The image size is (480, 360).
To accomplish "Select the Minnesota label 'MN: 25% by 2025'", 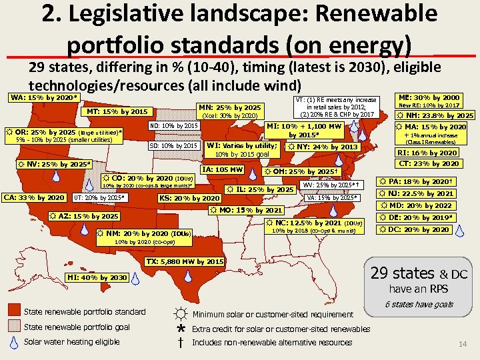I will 230,107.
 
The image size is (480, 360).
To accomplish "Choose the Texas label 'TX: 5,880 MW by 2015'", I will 185,261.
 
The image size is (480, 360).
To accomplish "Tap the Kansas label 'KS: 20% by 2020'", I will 189,198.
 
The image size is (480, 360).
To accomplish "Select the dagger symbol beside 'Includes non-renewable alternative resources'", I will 180,343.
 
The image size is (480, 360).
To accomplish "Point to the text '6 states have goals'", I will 419,304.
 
